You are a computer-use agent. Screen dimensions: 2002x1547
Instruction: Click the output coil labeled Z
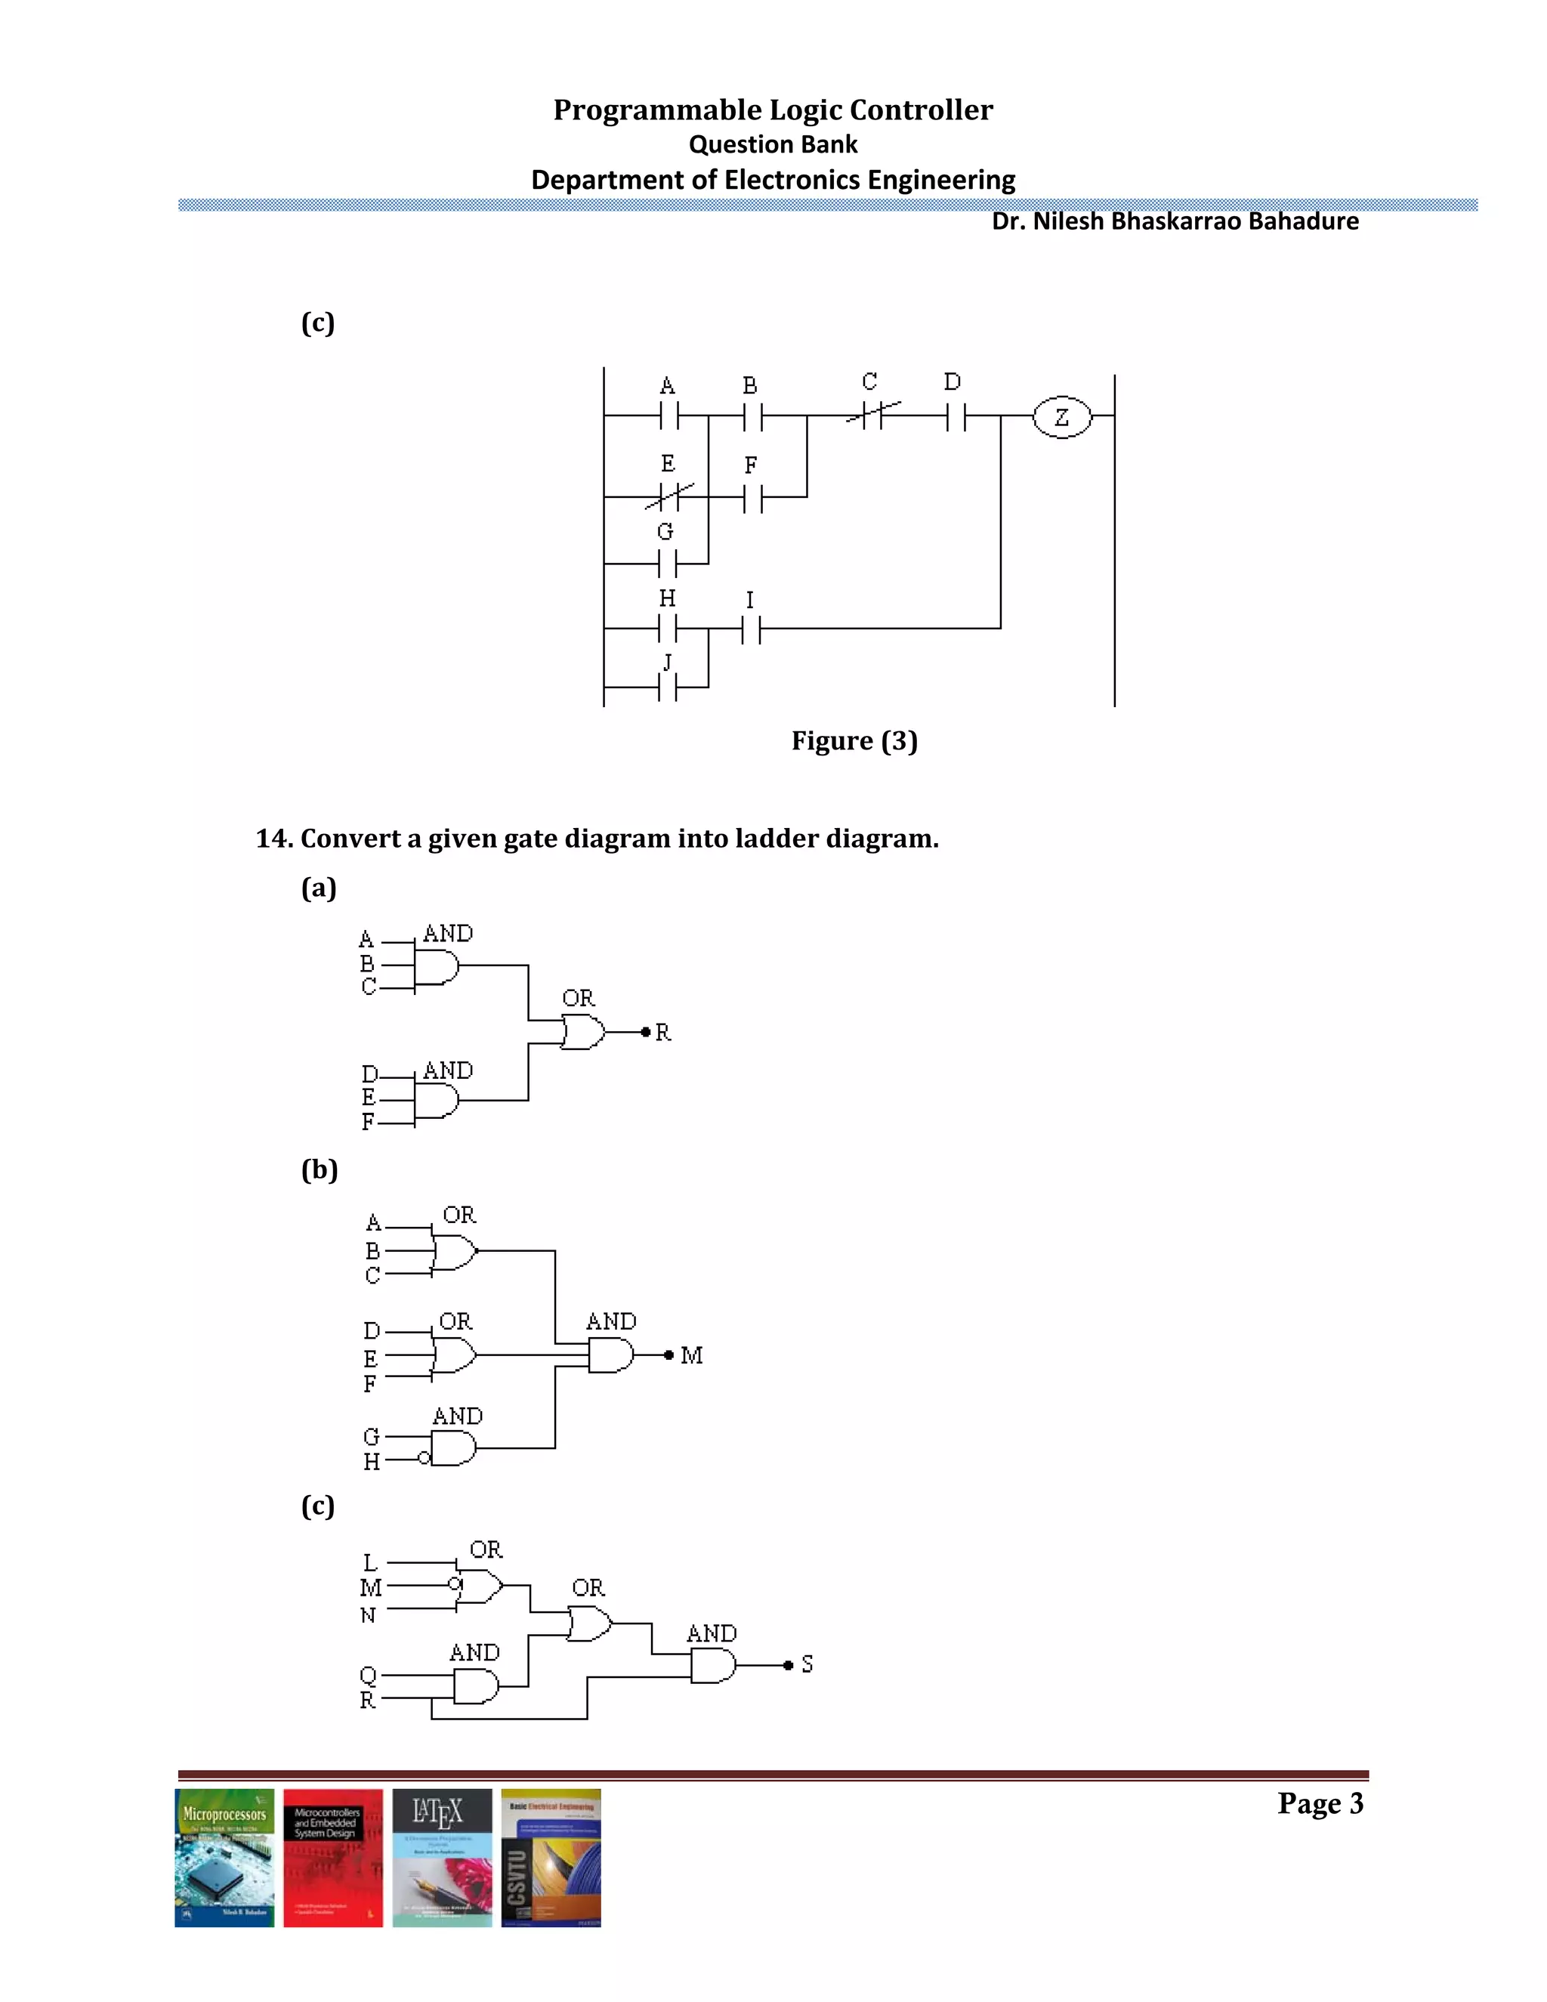[1061, 417]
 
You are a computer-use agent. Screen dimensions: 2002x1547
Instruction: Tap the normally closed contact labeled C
[872, 416]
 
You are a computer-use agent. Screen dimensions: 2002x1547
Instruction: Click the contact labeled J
[667, 687]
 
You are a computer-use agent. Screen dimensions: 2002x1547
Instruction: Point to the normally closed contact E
[668, 497]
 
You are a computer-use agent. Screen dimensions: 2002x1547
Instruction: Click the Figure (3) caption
[854, 740]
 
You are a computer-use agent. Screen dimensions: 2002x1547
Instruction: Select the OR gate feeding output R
[583, 1032]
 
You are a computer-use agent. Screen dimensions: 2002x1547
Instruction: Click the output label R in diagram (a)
[663, 1033]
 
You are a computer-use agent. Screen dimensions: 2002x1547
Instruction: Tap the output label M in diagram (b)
[692, 1355]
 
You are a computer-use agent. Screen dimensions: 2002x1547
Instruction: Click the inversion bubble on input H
[424, 1458]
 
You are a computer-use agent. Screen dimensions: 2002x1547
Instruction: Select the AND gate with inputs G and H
[452, 1448]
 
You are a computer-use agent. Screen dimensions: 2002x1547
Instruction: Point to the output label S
[807, 1664]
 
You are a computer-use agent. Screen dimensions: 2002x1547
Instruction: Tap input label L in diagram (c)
[369, 1563]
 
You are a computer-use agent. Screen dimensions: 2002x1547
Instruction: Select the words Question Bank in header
[773, 145]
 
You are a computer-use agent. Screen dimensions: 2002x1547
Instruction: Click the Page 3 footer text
[1320, 1804]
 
